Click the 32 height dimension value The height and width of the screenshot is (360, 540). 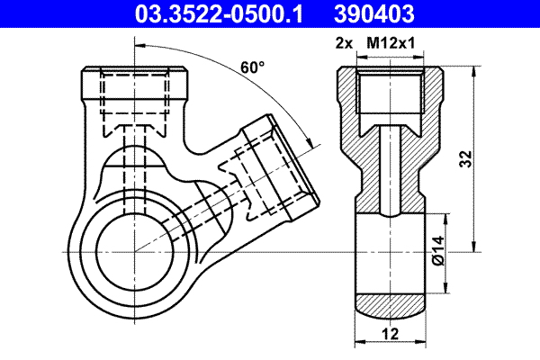pyautogui.click(x=465, y=159)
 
